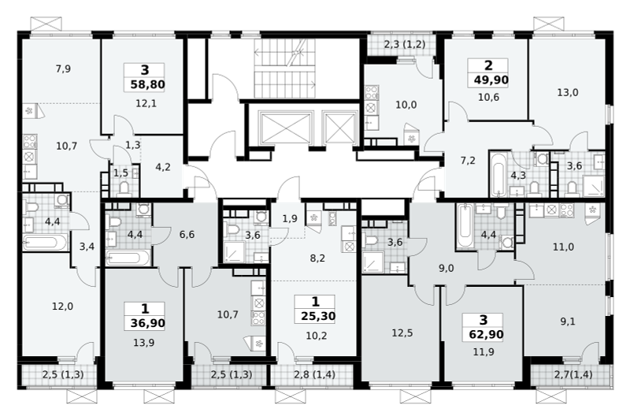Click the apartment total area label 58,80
[x=148, y=85]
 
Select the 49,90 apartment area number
[x=491, y=80]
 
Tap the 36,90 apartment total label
[x=147, y=323]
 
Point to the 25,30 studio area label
[x=318, y=316]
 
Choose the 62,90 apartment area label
[x=486, y=334]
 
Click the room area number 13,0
[x=568, y=92]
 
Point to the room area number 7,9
[x=63, y=69]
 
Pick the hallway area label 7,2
[x=468, y=161]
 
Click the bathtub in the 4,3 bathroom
[x=498, y=174]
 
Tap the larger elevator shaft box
[x=286, y=128]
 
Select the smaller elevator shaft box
[x=340, y=128]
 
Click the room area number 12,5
[x=402, y=333]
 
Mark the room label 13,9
[x=144, y=343]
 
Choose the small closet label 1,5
[x=120, y=173]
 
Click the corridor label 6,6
[x=187, y=234]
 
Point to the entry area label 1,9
[x=290, y=219]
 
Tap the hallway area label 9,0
[x=446, y=269]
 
